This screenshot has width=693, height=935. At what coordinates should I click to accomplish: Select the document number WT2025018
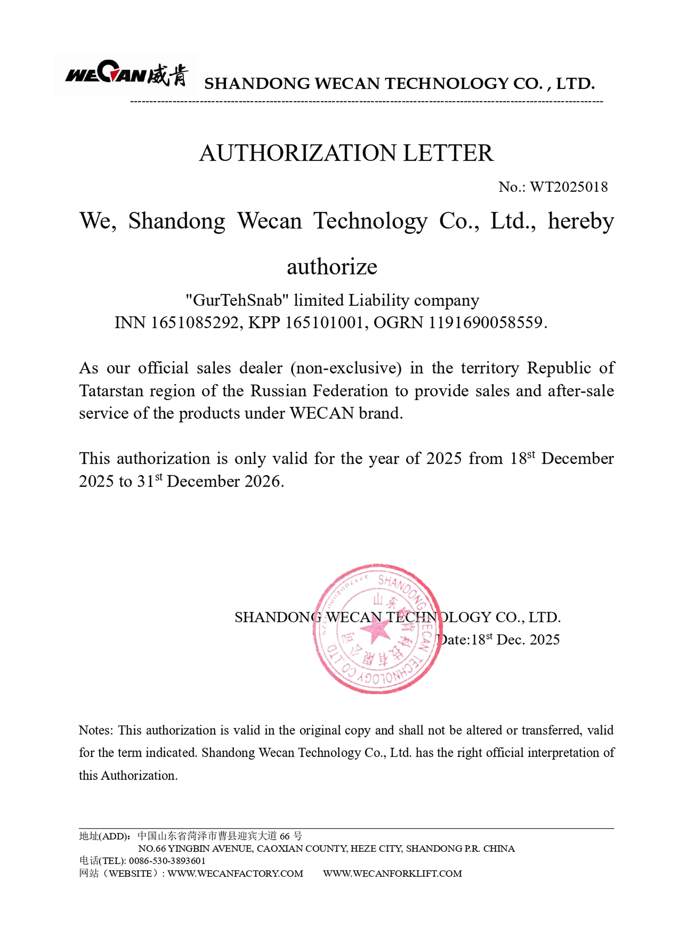[x=569, y=187]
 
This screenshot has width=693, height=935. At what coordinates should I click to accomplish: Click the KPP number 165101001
[x=323, y=323]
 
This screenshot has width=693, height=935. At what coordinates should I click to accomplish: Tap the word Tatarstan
[x=111, y=391]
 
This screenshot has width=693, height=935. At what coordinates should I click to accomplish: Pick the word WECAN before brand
[x=322, y=413]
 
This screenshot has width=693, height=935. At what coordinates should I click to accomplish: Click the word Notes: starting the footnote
[x=96, y=730]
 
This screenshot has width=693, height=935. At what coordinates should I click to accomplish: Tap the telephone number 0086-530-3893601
[x=167, y=861]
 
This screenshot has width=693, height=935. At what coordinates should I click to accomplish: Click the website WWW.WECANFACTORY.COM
[x=235, y=873]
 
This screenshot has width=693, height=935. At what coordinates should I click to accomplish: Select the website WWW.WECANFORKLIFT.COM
[x=392, y=873]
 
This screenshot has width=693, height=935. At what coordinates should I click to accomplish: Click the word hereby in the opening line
[x=581, y=221]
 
